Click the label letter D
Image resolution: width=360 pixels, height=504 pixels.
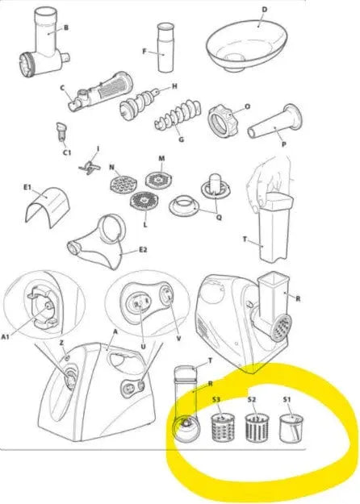265,10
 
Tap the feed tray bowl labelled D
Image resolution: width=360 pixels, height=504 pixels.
246,45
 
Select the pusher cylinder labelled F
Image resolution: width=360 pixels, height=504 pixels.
166,48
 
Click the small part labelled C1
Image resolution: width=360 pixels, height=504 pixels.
61,131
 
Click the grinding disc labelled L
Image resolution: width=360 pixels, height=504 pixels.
144,202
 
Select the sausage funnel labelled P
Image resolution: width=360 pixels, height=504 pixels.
275,123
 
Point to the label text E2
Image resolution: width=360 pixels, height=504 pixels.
143,249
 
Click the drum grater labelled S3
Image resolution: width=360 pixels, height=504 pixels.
223,427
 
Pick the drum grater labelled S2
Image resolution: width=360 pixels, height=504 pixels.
257,427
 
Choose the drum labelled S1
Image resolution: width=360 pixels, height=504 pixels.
291,427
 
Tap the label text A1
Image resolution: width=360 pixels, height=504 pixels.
6,336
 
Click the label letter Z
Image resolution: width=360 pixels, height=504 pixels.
61,344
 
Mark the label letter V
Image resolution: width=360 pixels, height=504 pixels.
178,339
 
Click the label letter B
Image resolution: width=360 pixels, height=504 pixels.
66,27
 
